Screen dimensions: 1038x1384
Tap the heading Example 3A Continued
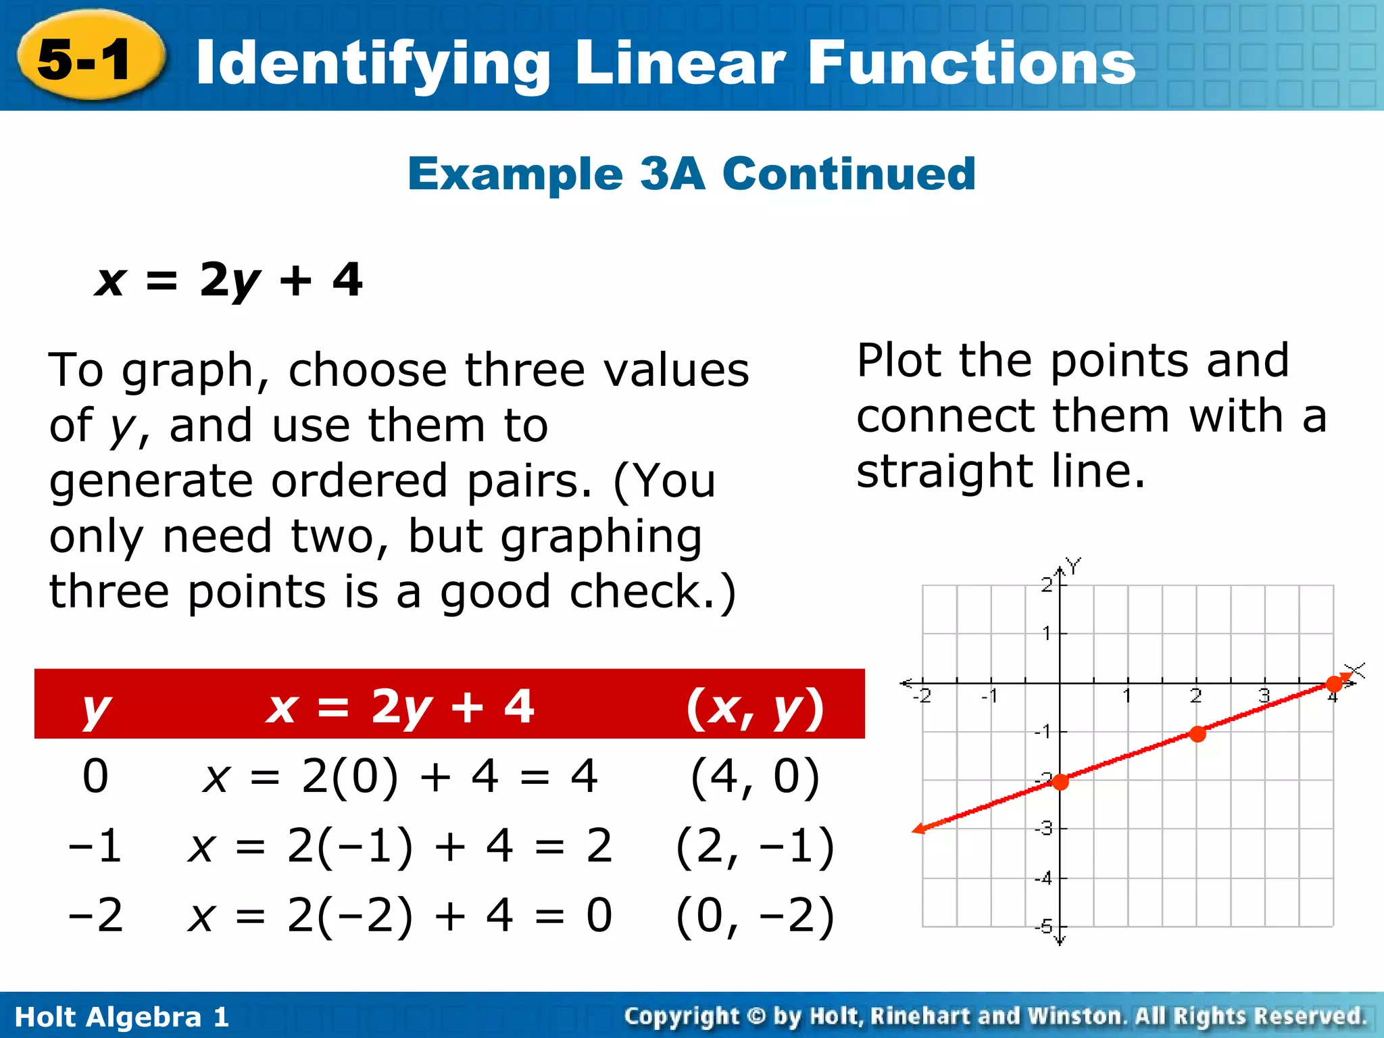coord(691,174)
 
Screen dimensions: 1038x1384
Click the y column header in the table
coord(95,706)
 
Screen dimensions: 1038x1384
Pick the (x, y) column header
coord(755,706)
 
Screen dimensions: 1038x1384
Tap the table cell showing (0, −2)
coord(755,916)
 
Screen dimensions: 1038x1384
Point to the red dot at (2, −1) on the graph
coord(1197,734)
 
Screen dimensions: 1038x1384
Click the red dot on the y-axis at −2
coord(1060,782)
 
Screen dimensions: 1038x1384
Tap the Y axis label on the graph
coord(1073,564)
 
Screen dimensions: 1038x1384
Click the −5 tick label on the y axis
coord(1045,926)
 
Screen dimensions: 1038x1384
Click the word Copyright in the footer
coord(681,1016)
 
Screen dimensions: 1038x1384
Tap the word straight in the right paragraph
coord(944,471)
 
